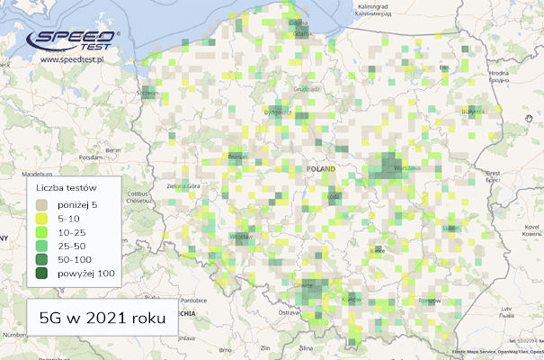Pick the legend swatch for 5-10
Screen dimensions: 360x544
coord(41,218)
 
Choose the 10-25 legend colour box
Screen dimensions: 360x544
coord(41,232)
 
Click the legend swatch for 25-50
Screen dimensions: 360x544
coord(41,246)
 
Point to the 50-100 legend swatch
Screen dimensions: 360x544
coord(41,260)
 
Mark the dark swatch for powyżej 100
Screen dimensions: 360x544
coord(41,274)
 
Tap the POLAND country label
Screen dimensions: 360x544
coord(320,169)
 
